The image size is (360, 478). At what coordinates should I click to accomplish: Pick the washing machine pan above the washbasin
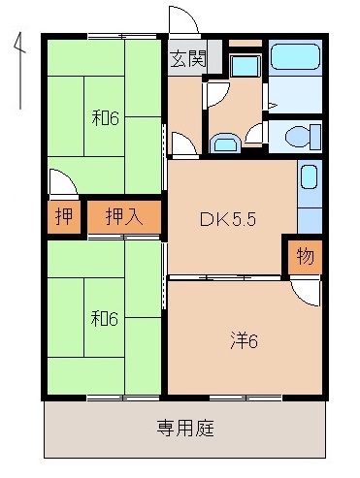click(244, 67)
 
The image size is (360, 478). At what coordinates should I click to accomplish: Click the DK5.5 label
click(227, 219)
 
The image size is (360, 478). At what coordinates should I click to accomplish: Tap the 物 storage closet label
click(304, 258)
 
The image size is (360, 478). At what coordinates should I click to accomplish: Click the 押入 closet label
click(124, 216)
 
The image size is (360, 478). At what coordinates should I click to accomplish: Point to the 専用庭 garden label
click(185, 427)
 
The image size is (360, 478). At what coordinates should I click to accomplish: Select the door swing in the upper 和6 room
click(60, 184)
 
